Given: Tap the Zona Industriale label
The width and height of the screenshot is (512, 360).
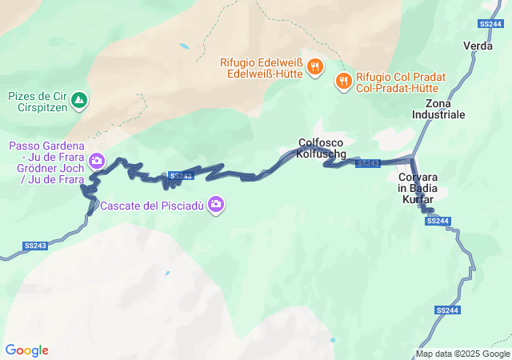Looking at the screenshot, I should (438, 110).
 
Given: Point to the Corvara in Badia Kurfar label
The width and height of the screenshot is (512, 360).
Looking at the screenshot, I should (416, 188).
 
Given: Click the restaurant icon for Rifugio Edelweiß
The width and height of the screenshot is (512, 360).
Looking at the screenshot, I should (315, 67).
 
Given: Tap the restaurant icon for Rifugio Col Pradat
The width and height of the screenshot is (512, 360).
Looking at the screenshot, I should (343, 80).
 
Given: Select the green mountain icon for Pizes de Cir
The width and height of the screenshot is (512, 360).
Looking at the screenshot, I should (79, 101).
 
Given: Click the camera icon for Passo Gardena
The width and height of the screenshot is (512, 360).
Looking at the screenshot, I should (97, 161).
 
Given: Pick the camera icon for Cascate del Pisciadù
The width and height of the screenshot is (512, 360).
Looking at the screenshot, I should (215, 206).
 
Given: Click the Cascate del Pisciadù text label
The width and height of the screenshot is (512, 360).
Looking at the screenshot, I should (151, 206).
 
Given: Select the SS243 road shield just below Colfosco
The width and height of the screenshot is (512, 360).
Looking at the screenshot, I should (368, 163).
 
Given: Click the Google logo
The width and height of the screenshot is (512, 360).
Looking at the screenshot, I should (26, 350).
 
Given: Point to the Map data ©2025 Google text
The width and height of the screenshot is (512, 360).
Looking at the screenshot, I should (462, 354).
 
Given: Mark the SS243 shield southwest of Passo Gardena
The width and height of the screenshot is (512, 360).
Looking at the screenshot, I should (36, 245).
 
